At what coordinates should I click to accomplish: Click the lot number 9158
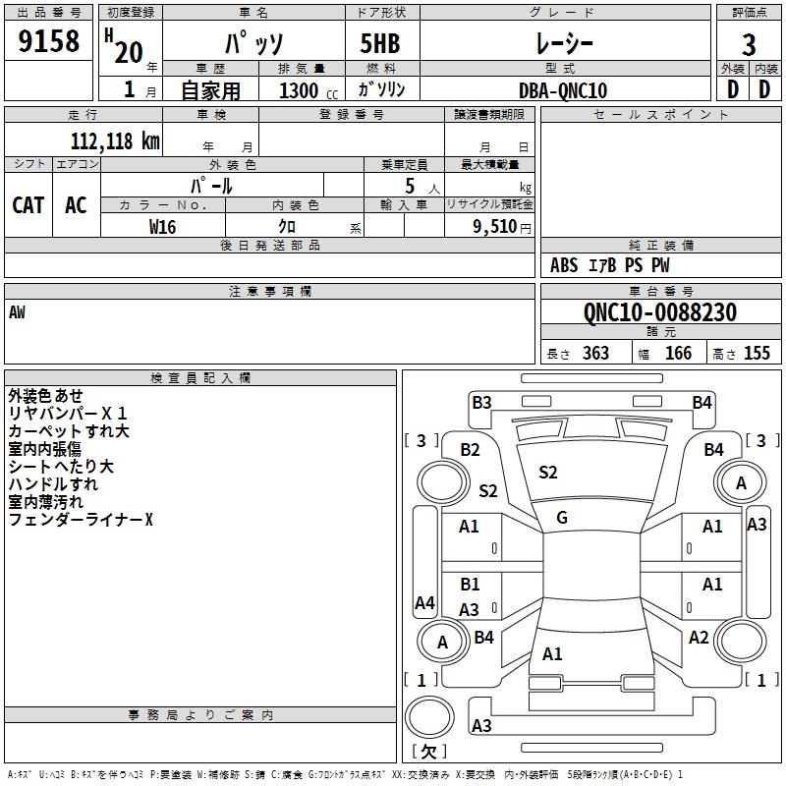pos(48,40)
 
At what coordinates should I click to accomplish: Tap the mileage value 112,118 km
pos(115,141)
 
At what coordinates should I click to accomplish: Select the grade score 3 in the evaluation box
pos(749,45)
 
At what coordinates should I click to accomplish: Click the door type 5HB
pos(380,43)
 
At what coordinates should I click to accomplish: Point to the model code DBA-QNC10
pos(563,90)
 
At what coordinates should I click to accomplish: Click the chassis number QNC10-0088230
pos(660,312)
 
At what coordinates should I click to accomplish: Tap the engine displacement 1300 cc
pos(309,90)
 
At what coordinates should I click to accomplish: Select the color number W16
pos(162,227)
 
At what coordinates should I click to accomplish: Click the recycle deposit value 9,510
pos(495,227)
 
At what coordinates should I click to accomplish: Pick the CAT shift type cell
pos(28,205)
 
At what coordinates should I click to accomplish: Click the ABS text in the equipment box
pos(564,265)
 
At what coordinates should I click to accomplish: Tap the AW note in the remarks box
pos(17,312)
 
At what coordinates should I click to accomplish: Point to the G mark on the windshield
pos(562,517)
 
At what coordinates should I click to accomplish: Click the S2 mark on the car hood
pos(548,473)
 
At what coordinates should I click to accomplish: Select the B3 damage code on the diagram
pos(481,403)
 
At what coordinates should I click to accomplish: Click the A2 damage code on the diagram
pos(699,638)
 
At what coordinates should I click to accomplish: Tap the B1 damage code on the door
pos(470,585)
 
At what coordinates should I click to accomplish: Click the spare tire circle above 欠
pos(429,717)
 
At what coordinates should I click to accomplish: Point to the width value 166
pos(678,353)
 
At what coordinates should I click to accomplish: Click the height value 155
pos(757,353)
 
